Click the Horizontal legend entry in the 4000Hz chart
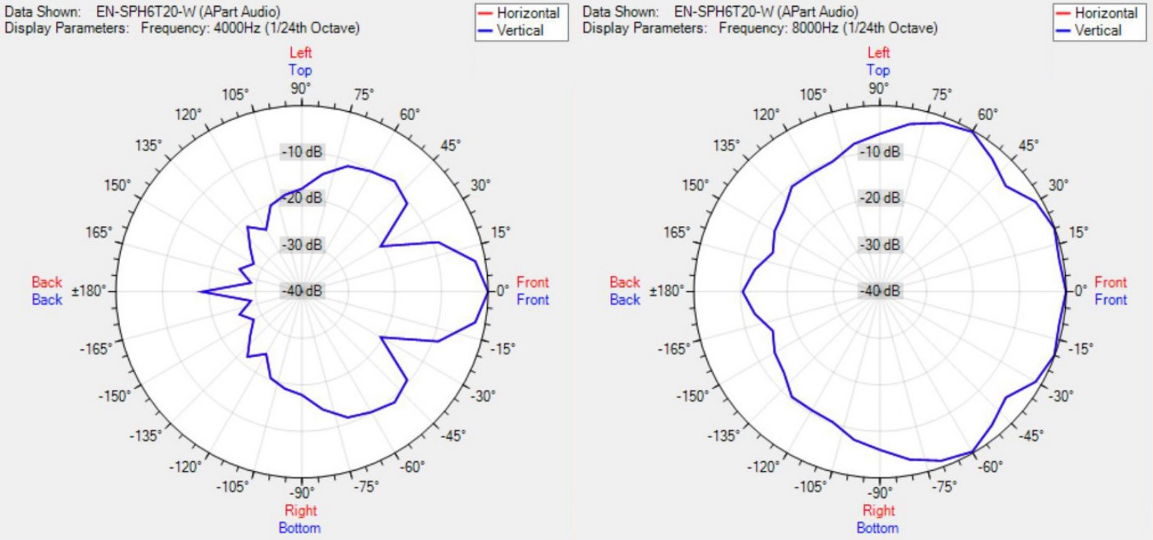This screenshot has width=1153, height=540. (528, 13)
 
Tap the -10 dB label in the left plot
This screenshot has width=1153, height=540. (302, 152)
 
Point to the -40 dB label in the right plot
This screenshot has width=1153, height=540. (880, 291)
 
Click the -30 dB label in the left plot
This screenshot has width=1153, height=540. (302, 245)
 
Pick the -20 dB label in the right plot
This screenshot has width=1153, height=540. (880, 198)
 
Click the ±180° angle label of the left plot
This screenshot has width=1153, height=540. (89, 291)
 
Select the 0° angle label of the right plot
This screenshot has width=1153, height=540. (1080, 291)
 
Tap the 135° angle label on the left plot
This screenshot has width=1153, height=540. (149, 146)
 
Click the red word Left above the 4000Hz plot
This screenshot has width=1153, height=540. (300, 53)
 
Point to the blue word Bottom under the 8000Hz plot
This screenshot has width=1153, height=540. (878, 528)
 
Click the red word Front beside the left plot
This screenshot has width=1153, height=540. (532, 282)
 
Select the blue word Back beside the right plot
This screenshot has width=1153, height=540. (625, 300)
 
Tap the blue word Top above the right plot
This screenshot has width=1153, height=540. (878, 71)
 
